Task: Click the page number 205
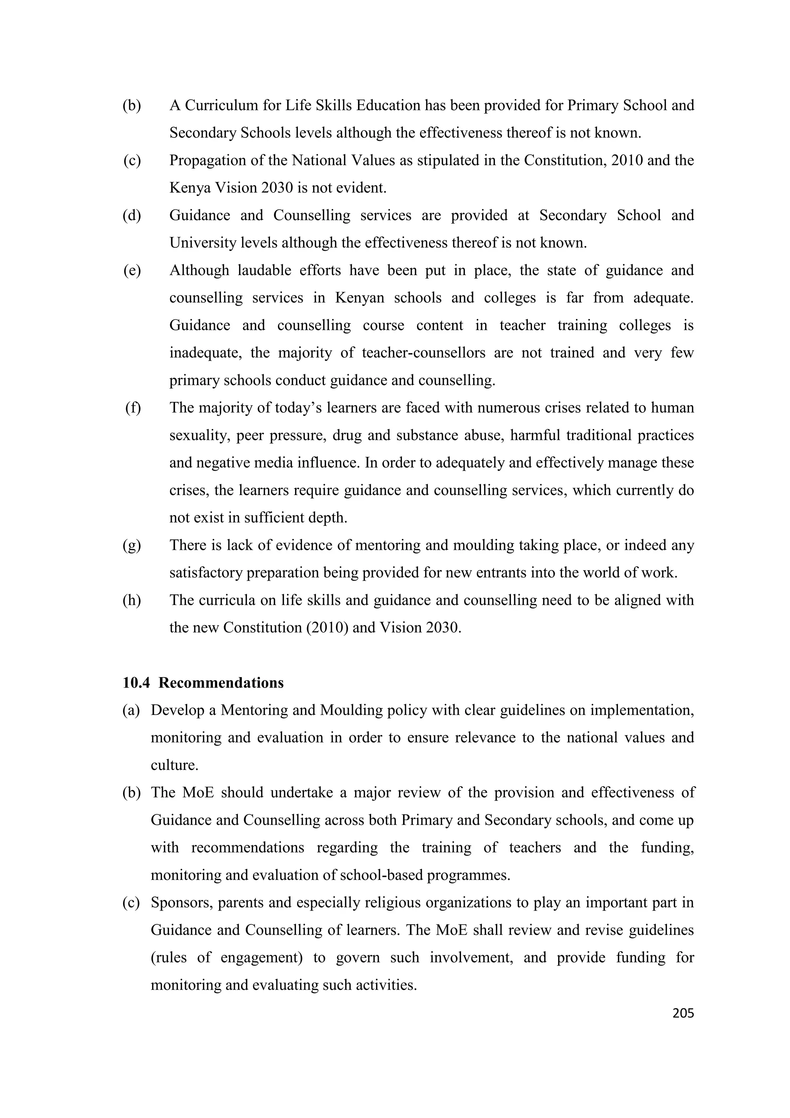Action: point(682,1013)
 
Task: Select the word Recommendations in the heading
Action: point(221,683)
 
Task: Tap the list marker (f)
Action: point(132,407)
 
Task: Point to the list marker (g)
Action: point(132,545)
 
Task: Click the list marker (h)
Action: point(132,600)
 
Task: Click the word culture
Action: point(174,765)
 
